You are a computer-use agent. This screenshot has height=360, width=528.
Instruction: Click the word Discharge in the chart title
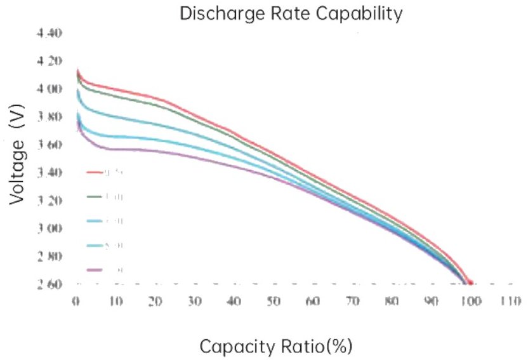tap(218, 14)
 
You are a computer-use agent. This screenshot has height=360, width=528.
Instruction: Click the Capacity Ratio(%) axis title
tap(275, 346)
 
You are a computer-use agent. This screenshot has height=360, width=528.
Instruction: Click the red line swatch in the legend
tap(94, 171)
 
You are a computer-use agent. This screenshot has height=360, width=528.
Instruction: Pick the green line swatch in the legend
tap(94, 196)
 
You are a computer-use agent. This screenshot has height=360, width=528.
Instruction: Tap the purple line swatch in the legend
tap(94, 270)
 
